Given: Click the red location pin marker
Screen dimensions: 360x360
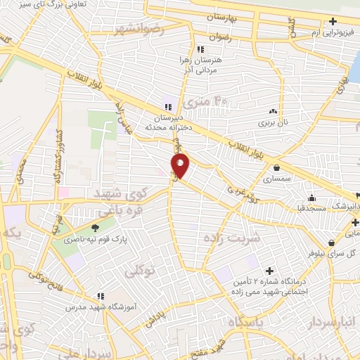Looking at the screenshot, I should click(181, 167).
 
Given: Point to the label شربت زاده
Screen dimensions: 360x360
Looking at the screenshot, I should click(231, 238).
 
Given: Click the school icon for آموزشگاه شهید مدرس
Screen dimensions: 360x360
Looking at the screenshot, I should click(101, 297).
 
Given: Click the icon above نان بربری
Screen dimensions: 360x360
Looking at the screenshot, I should click(273, 111).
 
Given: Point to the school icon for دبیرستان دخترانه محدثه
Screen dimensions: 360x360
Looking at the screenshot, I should click(167, 107).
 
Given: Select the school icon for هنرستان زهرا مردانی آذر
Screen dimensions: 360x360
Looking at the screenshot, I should click(201, 50).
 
